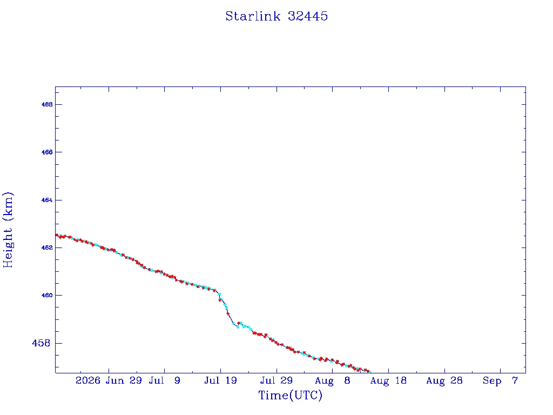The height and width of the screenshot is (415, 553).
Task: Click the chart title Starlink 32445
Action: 276,16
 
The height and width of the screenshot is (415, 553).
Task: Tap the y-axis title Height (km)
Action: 8,230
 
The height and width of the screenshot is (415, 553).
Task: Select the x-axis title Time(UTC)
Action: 290,395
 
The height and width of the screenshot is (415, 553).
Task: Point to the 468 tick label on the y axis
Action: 47,104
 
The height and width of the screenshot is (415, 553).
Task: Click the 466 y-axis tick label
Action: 47,152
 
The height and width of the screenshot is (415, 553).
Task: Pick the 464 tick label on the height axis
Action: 47,200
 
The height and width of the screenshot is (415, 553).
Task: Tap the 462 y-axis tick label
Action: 47,247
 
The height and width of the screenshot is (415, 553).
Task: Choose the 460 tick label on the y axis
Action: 47,296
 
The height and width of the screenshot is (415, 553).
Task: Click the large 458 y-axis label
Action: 41,343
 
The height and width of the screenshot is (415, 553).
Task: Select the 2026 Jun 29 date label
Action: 109,380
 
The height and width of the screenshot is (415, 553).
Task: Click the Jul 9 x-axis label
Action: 164,380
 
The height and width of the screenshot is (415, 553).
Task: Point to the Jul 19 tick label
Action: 220,380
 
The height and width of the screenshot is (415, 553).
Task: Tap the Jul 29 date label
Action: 276,380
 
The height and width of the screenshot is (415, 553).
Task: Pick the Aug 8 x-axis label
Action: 333,380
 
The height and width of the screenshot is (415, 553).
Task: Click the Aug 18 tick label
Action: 388,380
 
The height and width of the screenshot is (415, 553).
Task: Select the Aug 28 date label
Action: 444,380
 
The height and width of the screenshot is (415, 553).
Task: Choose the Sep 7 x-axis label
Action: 500,380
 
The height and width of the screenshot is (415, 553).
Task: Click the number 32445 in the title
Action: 308,16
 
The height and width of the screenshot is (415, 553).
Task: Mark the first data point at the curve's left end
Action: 57,235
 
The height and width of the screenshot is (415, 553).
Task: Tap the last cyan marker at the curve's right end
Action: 369,372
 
